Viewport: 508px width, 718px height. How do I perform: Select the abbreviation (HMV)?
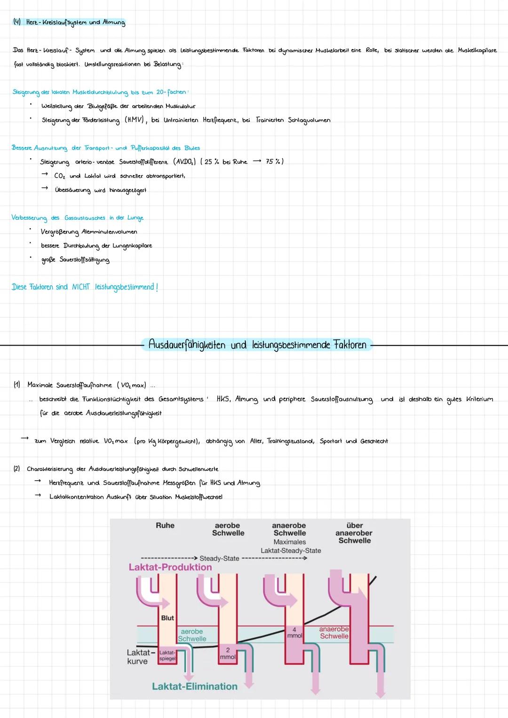click(135, 120)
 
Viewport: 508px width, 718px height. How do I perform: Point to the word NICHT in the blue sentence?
click(80, 287)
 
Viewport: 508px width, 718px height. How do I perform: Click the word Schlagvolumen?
click(309, 120)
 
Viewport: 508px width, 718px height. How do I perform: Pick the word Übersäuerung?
click(72, 190)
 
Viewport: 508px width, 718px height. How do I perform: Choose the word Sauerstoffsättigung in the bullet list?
click(84, 260)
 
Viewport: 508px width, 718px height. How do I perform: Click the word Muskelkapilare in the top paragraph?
click(477, 50)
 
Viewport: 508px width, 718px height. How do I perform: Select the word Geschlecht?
click(374, 441)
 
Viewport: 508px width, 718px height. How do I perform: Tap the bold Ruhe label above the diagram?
click(165, 525)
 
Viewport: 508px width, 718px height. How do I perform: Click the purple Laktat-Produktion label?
click(170, 567)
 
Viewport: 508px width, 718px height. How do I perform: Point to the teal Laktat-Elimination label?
click(195, 686)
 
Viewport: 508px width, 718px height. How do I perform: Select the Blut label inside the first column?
click(167, 618)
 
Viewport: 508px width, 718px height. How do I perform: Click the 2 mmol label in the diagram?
click(228, 653)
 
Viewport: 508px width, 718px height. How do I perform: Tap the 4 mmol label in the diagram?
click(294, 633)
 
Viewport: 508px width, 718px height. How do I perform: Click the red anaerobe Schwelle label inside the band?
click(334, 633)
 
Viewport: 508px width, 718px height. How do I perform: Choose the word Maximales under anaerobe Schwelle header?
click(290, 542)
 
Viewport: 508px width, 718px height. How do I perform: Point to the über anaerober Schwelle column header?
click(354, 533)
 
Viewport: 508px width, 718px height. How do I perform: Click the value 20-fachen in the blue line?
click(171, 92)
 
